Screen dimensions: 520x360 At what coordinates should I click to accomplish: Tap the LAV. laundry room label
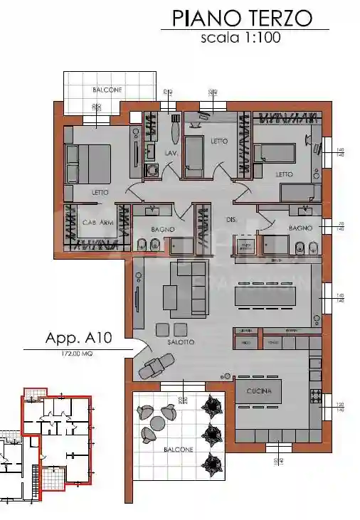170,152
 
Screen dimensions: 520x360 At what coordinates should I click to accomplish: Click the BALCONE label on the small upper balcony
107,90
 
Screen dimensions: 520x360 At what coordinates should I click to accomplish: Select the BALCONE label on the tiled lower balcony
179,450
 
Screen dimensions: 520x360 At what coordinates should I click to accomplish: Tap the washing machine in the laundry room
151,171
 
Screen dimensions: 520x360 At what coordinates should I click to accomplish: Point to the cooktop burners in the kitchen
315,395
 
